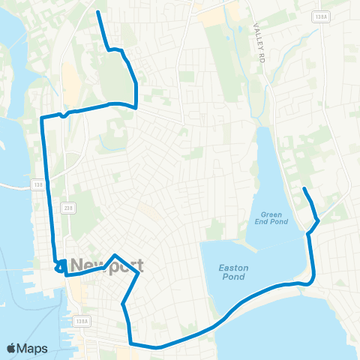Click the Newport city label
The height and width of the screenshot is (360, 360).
point(106,266)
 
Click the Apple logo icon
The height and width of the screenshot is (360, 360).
point(11,348)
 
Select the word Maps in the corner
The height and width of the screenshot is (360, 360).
point(32,348)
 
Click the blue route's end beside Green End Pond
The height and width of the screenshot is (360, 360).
point(304,188)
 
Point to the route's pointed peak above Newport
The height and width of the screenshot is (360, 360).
point(114,256)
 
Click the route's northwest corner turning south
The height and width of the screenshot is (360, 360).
point(41,118)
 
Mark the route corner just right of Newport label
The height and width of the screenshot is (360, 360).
point(139,274)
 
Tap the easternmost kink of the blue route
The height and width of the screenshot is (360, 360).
point(319,220)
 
